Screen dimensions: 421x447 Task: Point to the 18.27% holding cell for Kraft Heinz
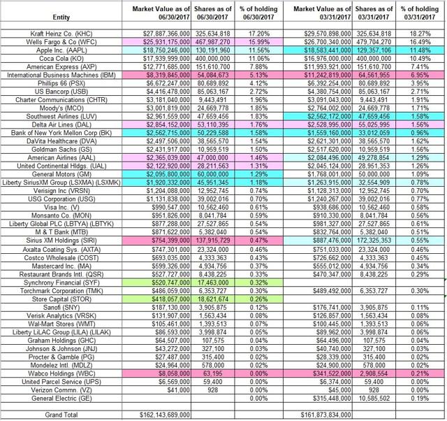pyautogui.click(x=421, y=34)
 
